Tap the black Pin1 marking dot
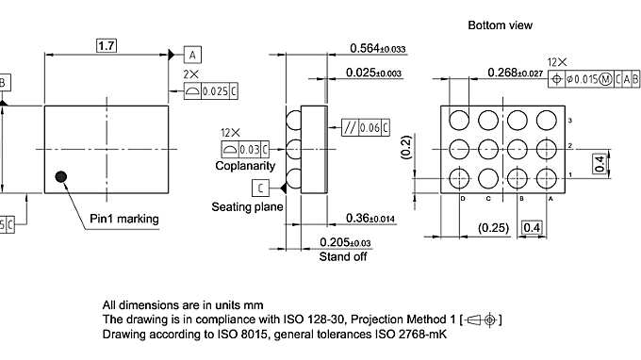61,175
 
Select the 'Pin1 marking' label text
124,220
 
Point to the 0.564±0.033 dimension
377,48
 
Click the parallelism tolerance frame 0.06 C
363,127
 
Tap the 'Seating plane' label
247,205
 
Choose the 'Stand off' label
342,255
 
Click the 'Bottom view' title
500,25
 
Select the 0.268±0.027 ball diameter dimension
515,73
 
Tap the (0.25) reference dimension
494,227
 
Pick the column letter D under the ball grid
463,198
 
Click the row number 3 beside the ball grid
569,121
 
